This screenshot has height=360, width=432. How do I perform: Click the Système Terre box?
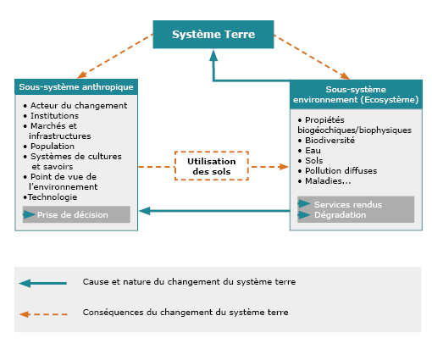pos(213,35)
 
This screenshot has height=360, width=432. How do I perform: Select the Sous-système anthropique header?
pos(76,87)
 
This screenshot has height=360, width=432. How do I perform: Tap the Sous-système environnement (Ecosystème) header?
pos(356,95)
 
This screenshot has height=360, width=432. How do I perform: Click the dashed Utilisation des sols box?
pos(212,166)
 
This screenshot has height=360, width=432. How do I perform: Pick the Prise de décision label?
pos(73,215)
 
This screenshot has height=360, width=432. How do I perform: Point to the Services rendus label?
pos(348,204)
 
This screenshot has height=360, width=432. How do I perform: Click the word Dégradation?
pos(340,215)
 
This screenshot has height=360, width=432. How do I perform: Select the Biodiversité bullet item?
pos(326,141)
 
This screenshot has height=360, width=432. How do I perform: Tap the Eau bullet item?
pos(309,151)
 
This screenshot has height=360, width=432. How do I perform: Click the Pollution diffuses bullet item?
pos(337,171)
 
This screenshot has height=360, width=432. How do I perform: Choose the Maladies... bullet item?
pos(324,181)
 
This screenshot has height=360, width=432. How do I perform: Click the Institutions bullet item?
pos(51,116)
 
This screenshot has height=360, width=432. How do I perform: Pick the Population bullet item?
pos(49,147)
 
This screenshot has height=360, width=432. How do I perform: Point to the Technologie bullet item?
pos(50,197)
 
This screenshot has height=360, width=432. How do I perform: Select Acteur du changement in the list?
pos(75,106)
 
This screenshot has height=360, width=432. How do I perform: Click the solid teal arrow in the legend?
pos(43,283)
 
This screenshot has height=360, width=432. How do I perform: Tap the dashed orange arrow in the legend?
pos(43,314)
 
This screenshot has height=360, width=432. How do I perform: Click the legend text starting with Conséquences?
pos(186,313)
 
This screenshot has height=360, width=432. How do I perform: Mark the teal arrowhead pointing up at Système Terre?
pos(213,56)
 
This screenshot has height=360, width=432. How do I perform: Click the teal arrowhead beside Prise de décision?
pos(29,214)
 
